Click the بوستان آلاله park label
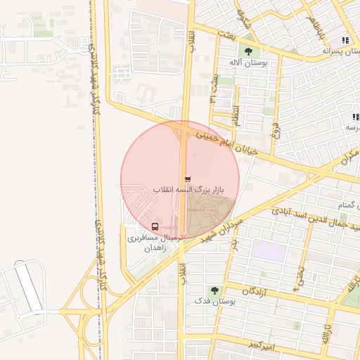245,62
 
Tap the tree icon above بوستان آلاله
247,50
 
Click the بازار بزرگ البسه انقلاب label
188,190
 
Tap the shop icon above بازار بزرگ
187,179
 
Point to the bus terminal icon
154,226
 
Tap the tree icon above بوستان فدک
214,289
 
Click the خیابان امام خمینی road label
227,141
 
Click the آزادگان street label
257,290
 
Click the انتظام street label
236,115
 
